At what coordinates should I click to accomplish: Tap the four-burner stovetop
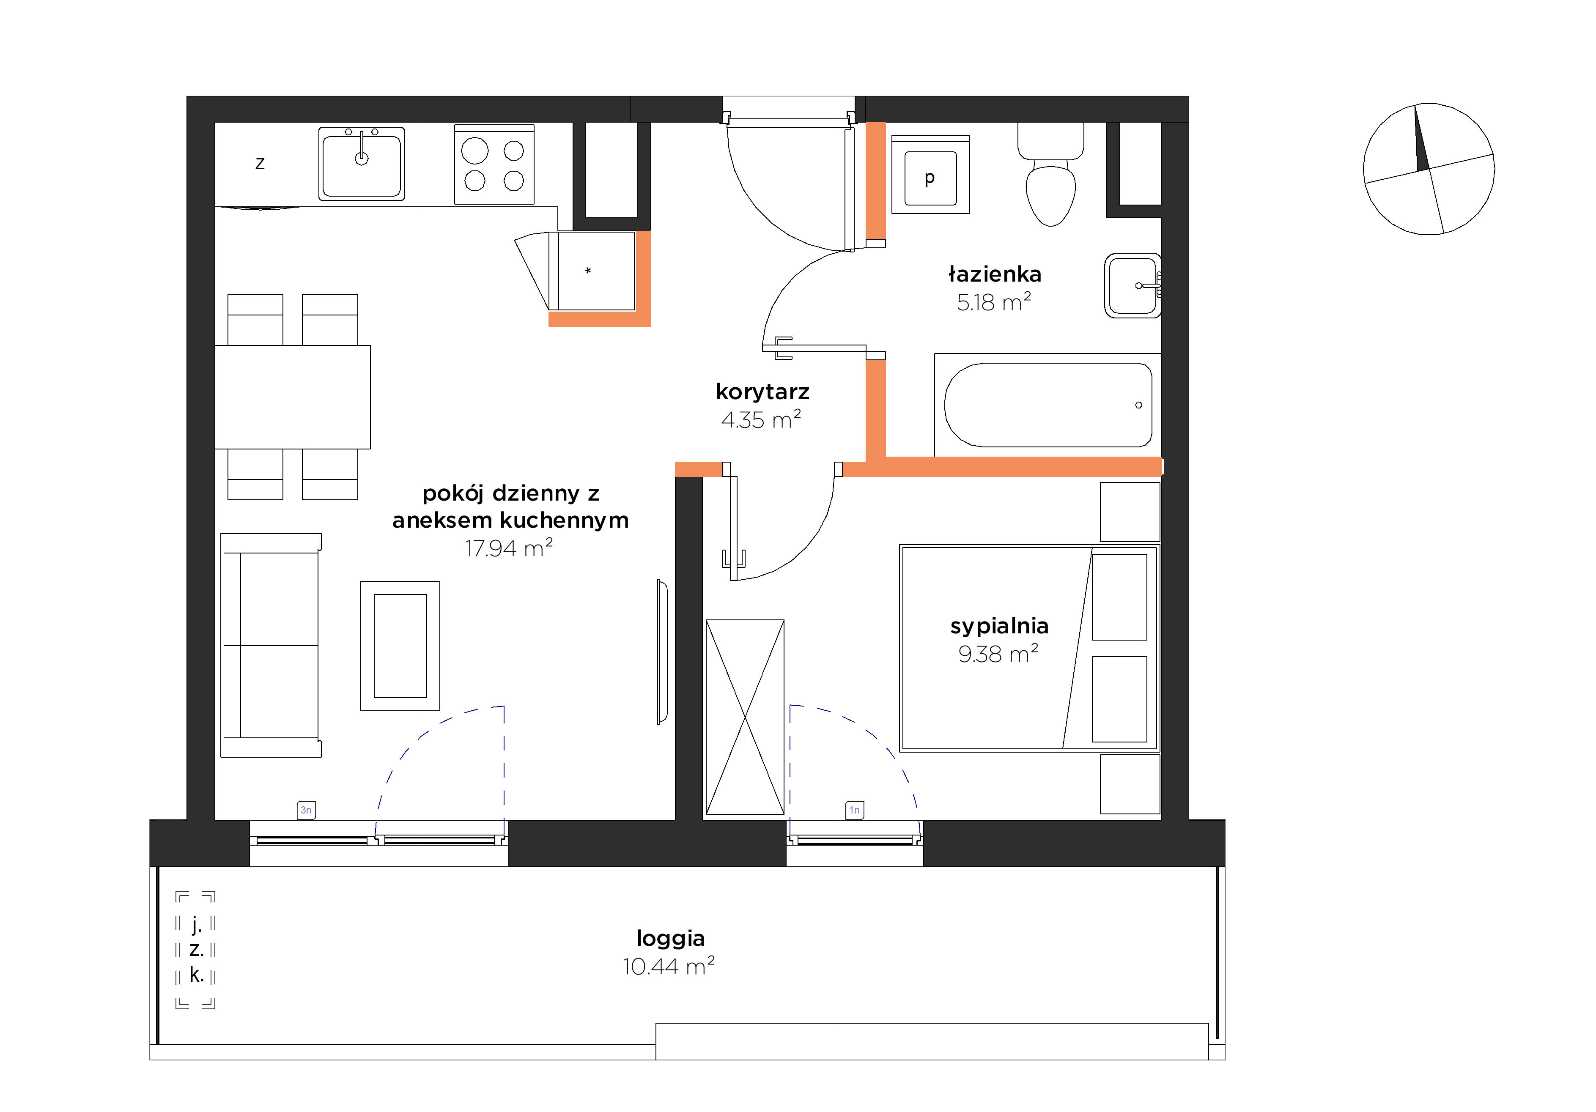click(494, 165)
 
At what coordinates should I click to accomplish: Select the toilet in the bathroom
click(1051, 175)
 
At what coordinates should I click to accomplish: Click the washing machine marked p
click(930, 175)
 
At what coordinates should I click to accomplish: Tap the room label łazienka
click(995, 274)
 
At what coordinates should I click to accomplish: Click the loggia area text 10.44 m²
click(669, 966)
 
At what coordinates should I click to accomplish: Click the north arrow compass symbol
click(1429, 169)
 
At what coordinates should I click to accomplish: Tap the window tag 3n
click(306, 810)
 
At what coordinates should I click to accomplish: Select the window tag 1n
click(854, 810)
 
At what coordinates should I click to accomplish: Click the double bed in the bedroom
click(1029, 649)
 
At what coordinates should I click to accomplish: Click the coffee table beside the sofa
click(400, 646)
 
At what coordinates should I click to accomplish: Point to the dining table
click(293, 397)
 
